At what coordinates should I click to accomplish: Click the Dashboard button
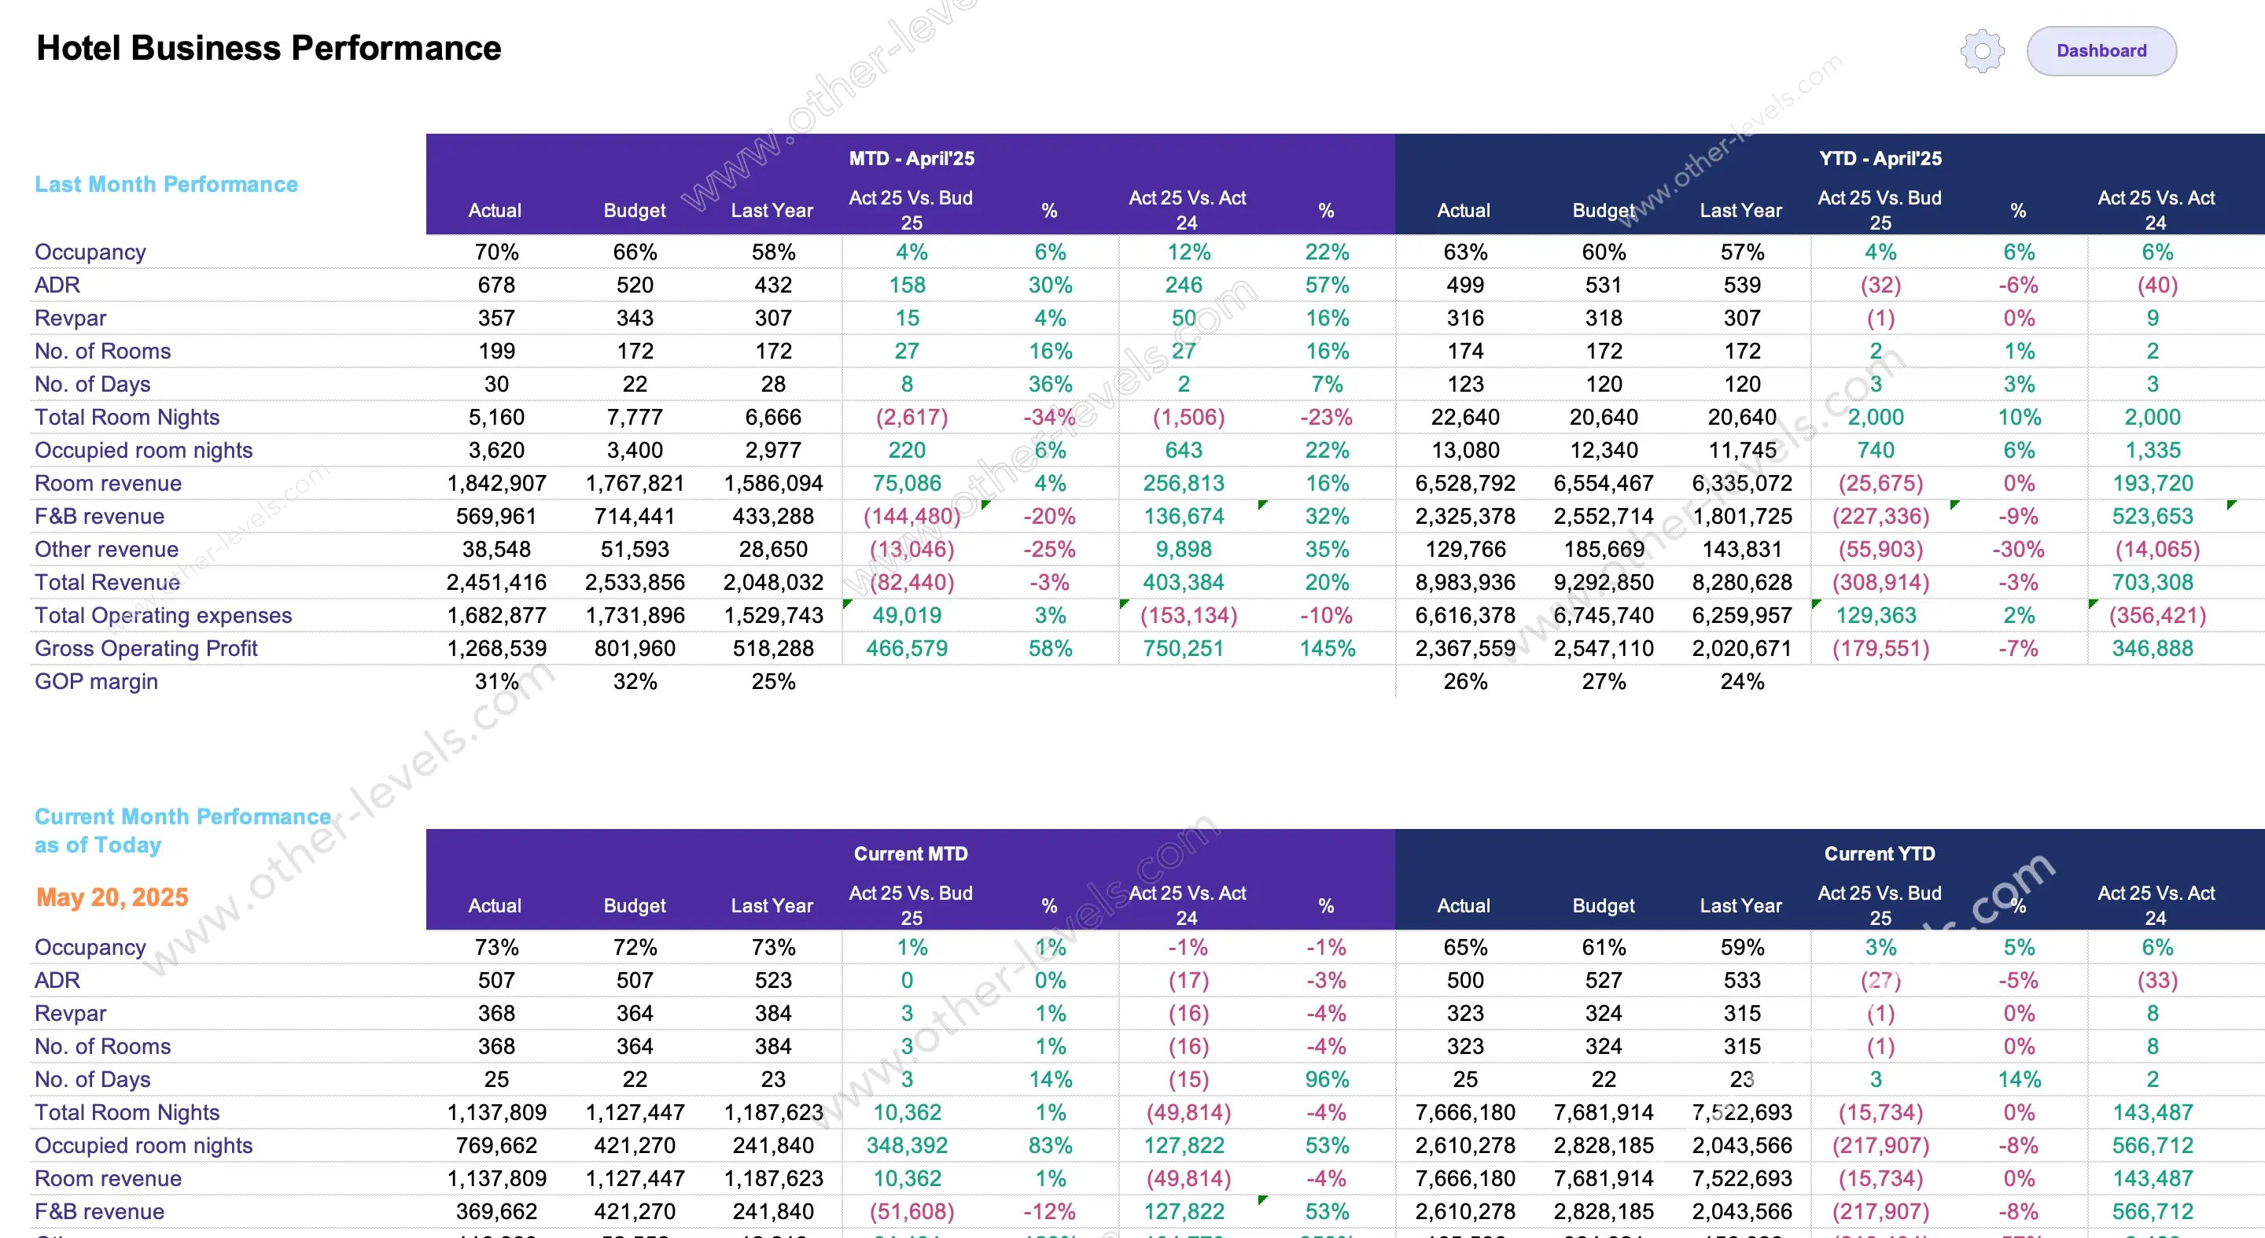pos(2101,51)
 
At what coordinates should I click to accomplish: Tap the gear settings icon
pos(1982,51)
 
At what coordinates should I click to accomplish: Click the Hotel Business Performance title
pos(268,48)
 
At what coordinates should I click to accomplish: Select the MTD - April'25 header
pos(911,158)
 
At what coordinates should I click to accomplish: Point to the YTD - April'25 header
pos(1880,158)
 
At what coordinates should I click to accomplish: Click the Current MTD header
pos(911,853)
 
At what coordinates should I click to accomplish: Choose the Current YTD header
pos(1880,853)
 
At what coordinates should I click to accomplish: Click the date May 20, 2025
pos(112,897)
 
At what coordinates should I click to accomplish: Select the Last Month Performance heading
pos(166,184)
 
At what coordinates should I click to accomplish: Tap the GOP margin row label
pos(97,681)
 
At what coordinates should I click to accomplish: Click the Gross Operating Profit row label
pos(146,648)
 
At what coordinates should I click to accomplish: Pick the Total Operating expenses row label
pos(163,616)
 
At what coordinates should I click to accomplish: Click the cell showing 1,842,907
pos(496,484)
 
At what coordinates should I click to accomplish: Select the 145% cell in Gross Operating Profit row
pos(1327,648)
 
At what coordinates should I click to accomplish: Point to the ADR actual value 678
pos(496,285)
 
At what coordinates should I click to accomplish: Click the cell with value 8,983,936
pos(1465,582)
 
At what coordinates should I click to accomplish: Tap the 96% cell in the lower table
pos(1327,1079)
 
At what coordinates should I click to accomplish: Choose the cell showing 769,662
pos(496,1145)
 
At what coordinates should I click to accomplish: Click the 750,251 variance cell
pos(1184,648)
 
